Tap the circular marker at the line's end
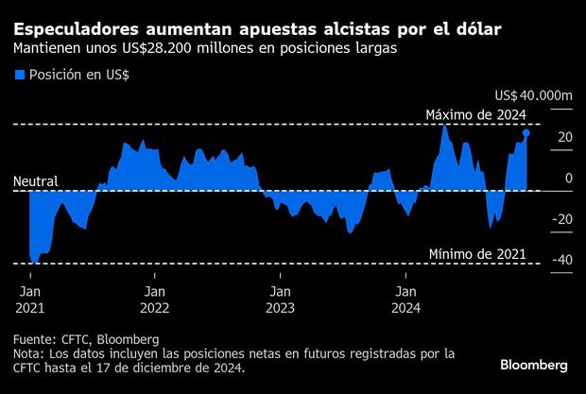click(526, 133)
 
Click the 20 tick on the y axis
click(563, 138)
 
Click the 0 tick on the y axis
click(568, 179)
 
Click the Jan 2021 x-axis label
click(30, 300)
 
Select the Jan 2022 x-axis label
click(155, 300)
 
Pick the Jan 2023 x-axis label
click(280, 300)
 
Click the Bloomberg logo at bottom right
click(533, 365)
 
